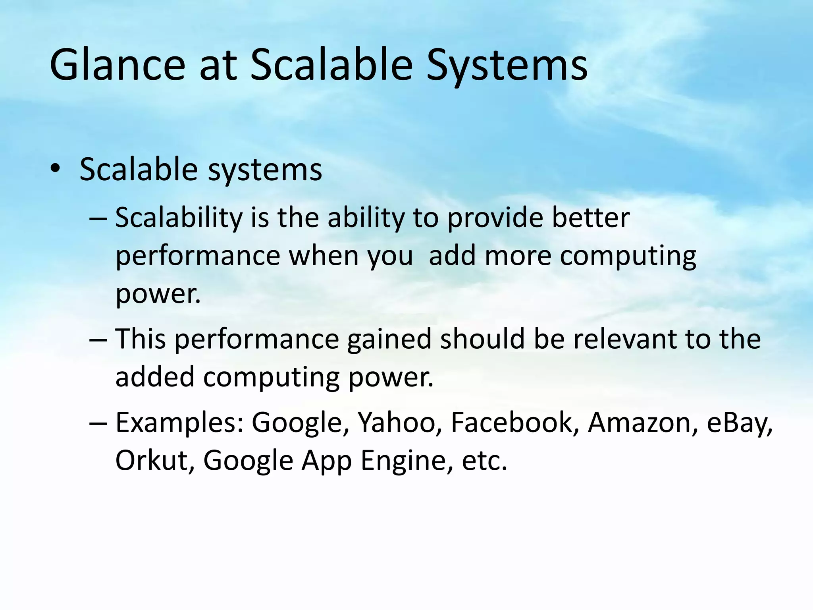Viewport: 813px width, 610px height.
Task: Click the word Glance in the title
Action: coord(118,65)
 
